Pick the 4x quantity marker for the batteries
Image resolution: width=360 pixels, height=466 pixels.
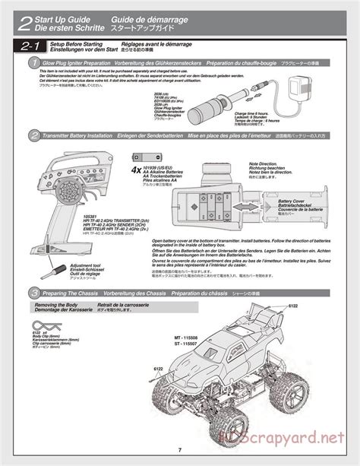(x=136, y=170)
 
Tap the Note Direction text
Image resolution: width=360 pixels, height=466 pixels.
(x=263, y=163)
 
